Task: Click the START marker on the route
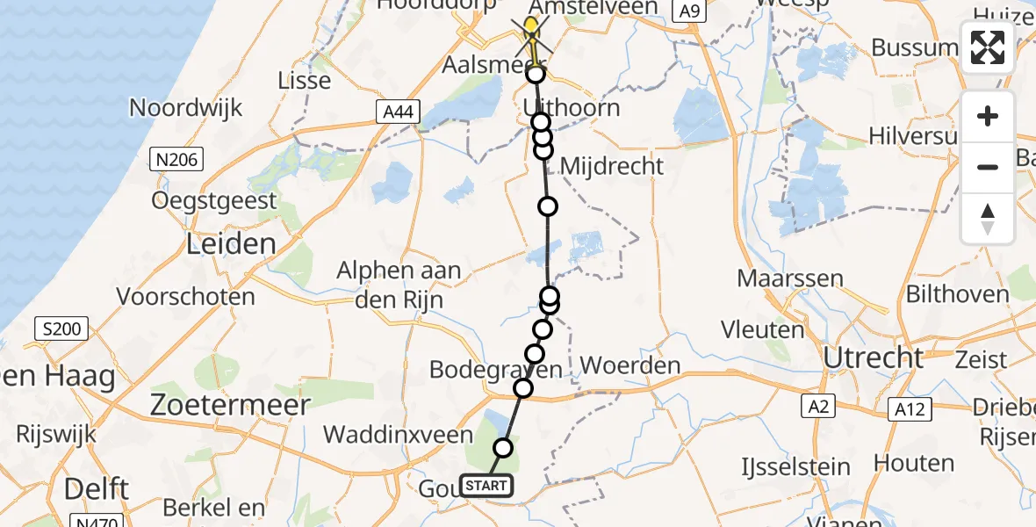(484, 486)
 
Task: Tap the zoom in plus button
(988, 116)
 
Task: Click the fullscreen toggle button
(988, 47)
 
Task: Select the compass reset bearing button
(988, 218)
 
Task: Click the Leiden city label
(231, 243)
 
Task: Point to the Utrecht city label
(874, 357)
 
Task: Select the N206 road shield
(176, 159)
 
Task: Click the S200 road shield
(61, 330)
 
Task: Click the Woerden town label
(630, 365)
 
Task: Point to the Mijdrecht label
(611, 165)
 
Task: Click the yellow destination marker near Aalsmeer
(531, 26)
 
